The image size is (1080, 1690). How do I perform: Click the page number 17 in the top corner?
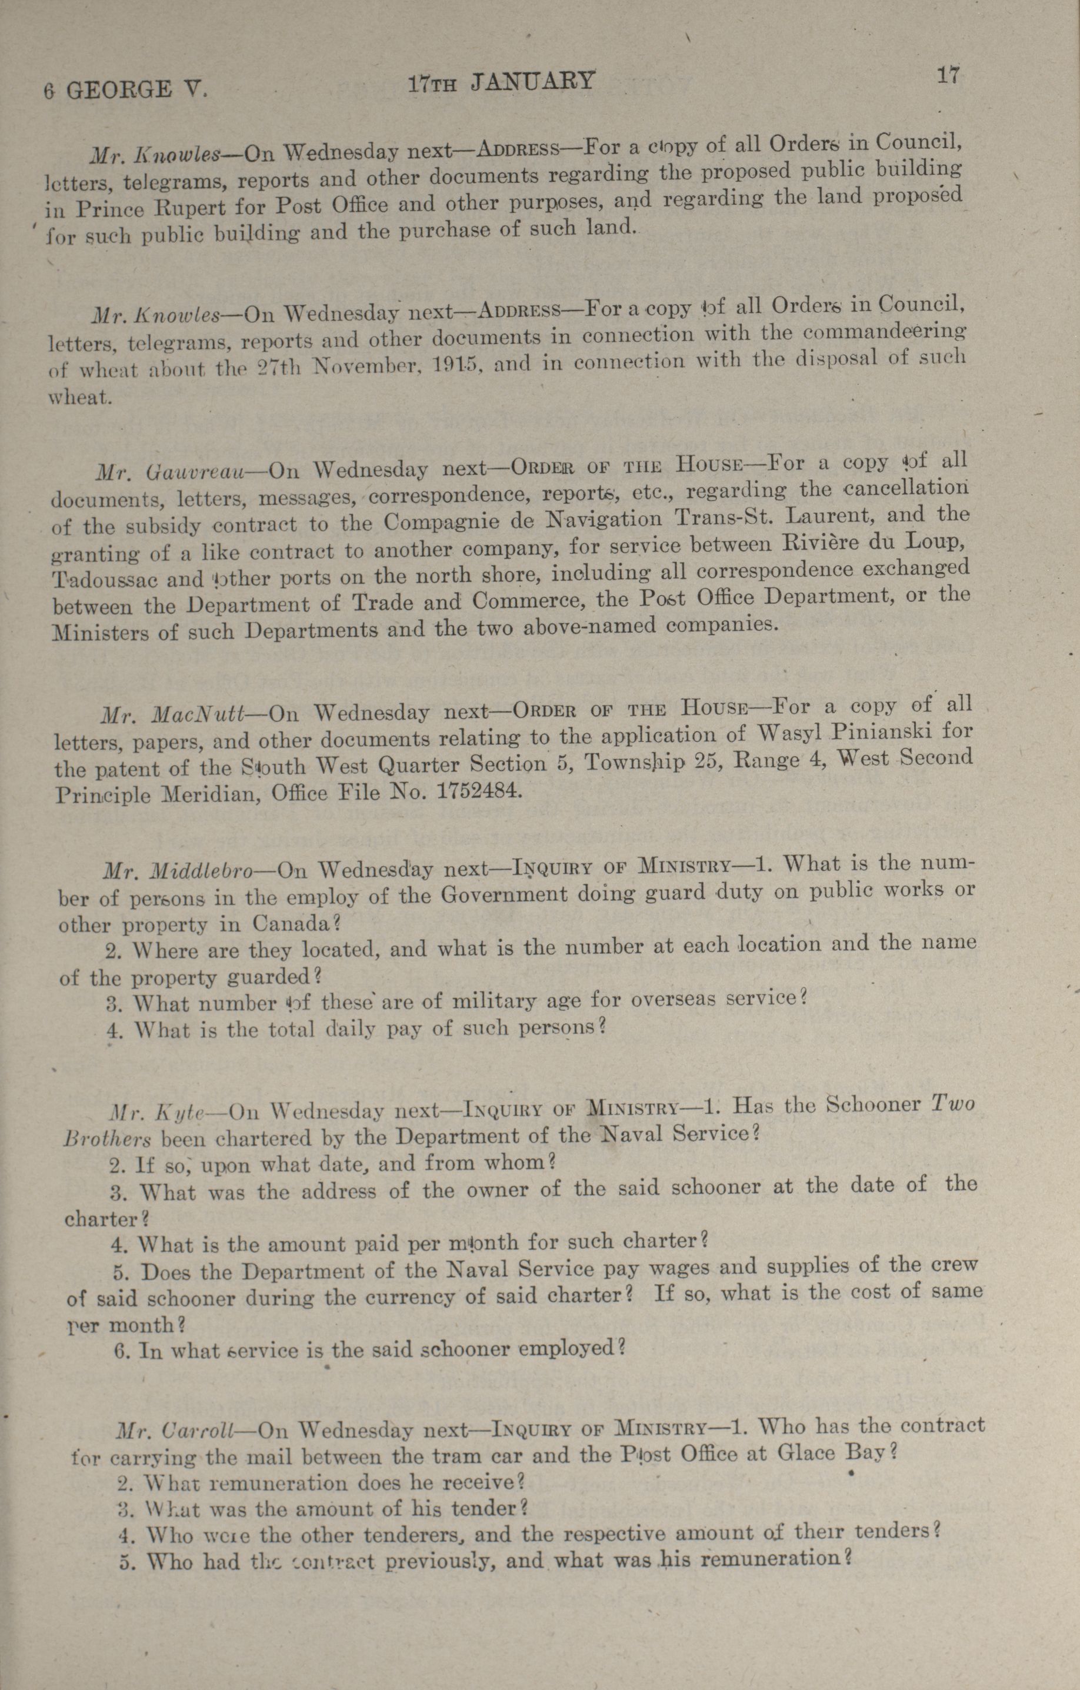click(x=947, y=75)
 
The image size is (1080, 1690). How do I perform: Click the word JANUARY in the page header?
click(x=532, y=82)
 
